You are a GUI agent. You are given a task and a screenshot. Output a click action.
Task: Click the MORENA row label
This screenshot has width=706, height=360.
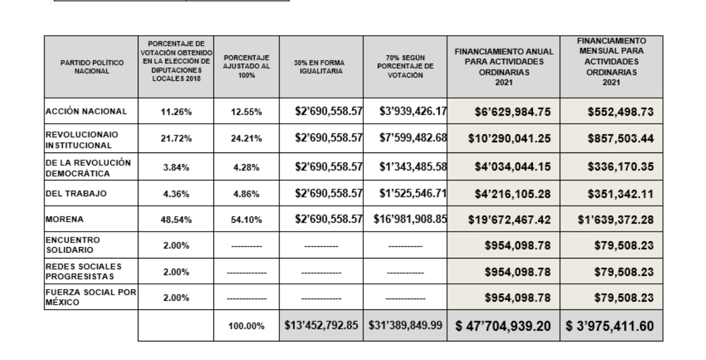pyautogui.click(x=58, y=220)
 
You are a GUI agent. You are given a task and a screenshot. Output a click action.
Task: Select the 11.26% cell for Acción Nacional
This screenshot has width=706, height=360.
pyautogui.click(x=176, y=111)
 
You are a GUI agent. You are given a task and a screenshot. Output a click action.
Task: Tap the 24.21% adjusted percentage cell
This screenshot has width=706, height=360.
pyautogui.click(x=246, y=139)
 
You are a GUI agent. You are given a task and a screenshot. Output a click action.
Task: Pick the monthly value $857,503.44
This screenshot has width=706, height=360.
pyautogui.click(x=615, y=139)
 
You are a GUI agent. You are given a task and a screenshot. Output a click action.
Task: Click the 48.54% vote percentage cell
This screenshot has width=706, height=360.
pyautogui.click(x=176, y=220)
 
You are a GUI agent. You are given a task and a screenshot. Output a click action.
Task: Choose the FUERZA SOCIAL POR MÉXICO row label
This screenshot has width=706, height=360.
pyautogui.click(x=91, y=297)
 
